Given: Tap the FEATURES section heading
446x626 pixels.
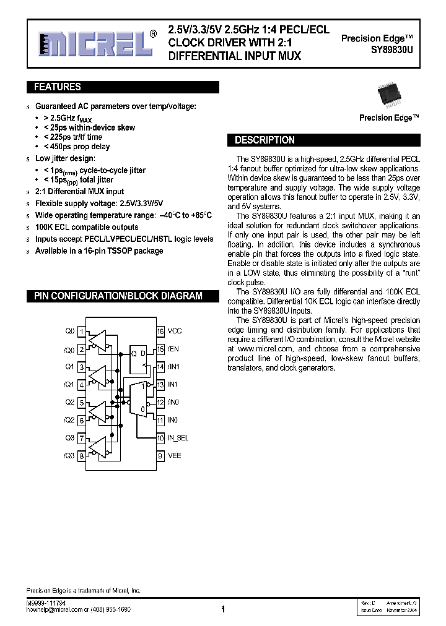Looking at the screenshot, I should click(x=57, y=87).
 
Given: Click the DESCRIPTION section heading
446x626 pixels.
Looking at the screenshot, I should click(x=265, y=140).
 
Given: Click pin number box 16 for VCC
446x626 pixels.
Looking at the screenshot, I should click(x=160, y=332).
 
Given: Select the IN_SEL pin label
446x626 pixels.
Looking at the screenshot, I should click(x=178, y=438).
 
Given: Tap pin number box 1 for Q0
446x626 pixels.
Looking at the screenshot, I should click(x=81, y=332).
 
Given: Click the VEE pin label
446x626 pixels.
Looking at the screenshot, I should click(x=174, y=456).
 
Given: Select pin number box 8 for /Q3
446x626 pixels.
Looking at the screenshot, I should click(x=81, y=456).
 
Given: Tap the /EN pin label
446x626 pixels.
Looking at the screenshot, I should click(x=173, y=349).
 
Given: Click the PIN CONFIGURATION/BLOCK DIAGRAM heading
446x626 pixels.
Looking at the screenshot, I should click(x=118, y=296).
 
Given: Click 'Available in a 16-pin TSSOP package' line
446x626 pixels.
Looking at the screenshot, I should click(x=99, y=251).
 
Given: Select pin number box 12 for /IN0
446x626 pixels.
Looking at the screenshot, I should click(x=160, y=403).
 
